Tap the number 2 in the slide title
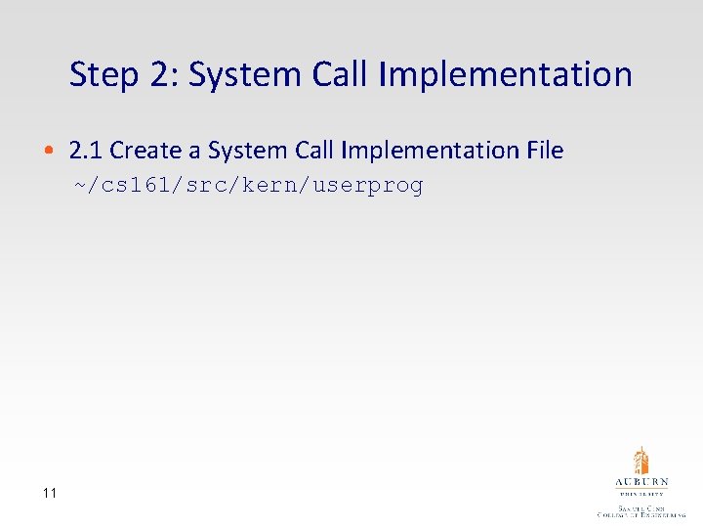[x=158, y=75]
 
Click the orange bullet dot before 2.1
[x=48, y=152]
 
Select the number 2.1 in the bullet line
[x=86, y=151]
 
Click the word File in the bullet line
[x=545, y=151]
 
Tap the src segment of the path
[x=202, y=186]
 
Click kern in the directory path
[x=268, y=186]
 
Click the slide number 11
[x=49, y=493]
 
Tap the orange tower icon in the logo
[x=641, y=461]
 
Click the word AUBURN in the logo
[x=641, y=483]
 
